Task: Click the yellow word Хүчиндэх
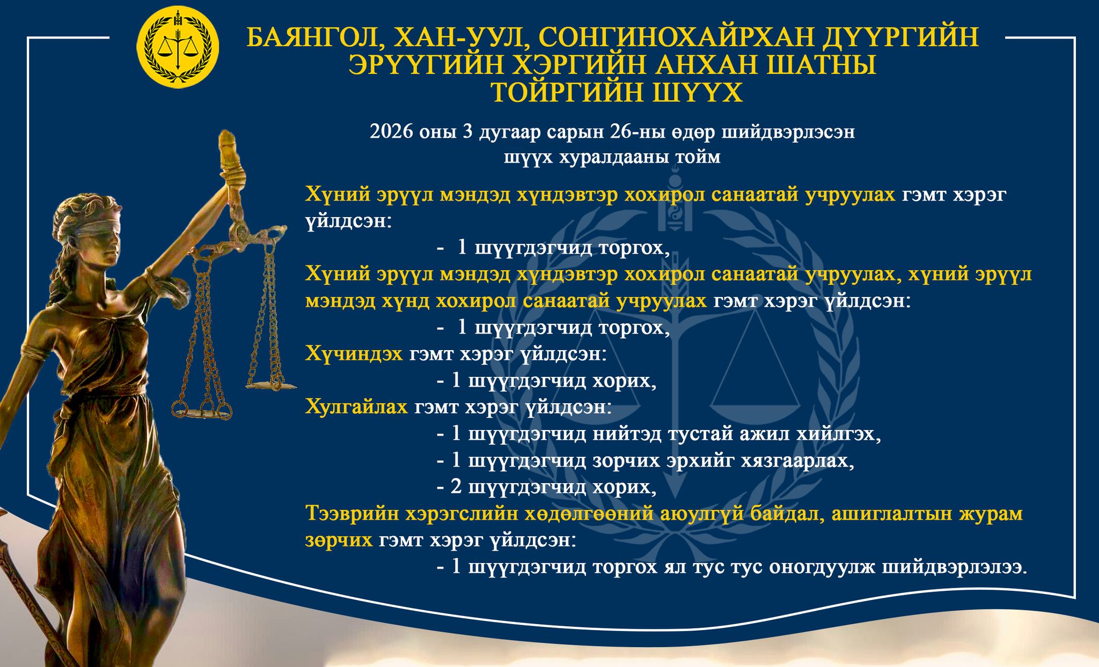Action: tap(354, 354)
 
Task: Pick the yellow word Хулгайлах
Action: tap(357, 407)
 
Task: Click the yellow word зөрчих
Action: tap(339, 540)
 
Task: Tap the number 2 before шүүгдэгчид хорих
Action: tap(456, 487)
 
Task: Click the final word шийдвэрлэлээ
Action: tap(955, 567)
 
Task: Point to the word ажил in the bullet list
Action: tap(765, 434)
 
